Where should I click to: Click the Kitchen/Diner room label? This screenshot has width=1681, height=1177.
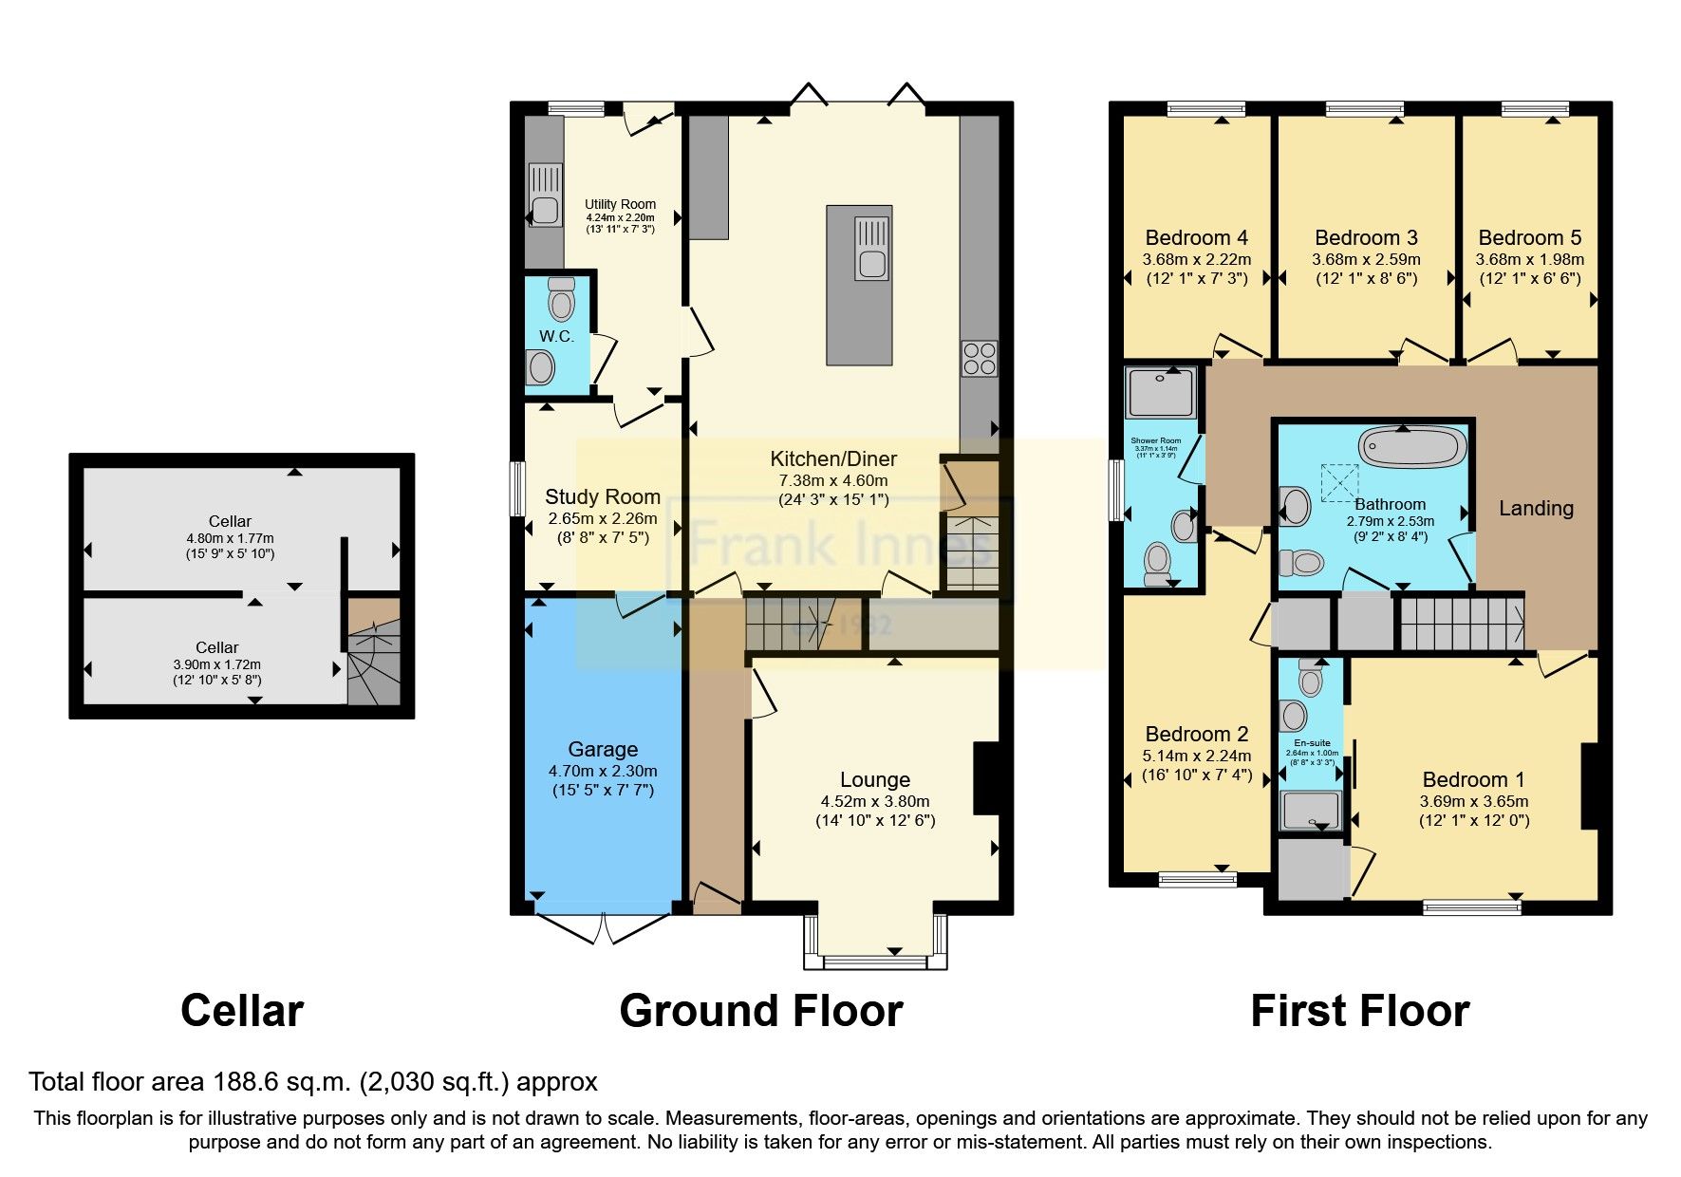pos(832,458)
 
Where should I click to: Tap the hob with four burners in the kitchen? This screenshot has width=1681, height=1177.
pos(980,358)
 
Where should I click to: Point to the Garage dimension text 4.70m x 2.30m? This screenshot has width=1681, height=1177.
pos(602,771)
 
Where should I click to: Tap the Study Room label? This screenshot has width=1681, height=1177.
pos(602,496)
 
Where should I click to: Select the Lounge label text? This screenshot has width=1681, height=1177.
pos(874,779)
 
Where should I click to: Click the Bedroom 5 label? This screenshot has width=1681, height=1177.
pos(1529,237)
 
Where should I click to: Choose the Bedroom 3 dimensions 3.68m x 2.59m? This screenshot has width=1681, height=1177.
pos(1366,259)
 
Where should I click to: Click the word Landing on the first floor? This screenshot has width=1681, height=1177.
pos(1535,508)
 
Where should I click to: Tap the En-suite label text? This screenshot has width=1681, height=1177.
pos(1312,743)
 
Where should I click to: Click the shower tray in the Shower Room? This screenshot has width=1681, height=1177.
pos(1161,392)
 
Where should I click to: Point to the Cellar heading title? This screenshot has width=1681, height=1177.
pos(242,1010)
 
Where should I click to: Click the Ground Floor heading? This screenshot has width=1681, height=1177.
pos(760,1010)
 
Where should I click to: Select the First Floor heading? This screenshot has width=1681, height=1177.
pos(1359,1010)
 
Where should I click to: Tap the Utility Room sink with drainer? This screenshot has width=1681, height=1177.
pos(545,195)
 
